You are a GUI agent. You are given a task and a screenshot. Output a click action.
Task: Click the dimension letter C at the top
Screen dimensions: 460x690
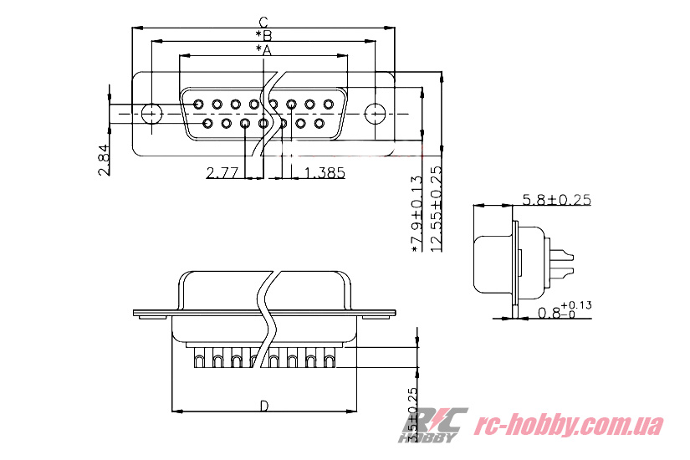pyautogui.click(x=263, y=22)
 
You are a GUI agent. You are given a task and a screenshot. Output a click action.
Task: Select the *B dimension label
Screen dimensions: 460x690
pyautogui.click(x=263, y=35)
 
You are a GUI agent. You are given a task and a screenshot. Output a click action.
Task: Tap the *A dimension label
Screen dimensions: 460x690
pyautogui.click(x=263, y=50)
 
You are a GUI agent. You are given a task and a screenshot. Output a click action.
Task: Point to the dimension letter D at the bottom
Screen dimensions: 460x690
pyautogui.click(x=264, y=406)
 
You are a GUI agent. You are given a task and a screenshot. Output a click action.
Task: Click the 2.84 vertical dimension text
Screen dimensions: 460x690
pyautogui.click(x=103, y=160)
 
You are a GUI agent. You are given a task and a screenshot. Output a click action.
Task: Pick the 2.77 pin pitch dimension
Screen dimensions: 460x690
pyautogui.click(x=223, y=173)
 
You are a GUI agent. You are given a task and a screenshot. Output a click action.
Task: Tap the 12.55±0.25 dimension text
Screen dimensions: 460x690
pyautogui.click(x=436, y=209)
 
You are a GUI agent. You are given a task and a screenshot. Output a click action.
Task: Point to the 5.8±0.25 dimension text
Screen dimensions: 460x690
pyautogui.click(x=556, y=199)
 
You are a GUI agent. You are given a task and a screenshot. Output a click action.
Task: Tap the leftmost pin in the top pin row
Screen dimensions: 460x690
pyautogui.click(x=198, y=105)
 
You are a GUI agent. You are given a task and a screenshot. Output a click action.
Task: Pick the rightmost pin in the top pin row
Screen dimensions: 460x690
pyautogui.click(x=329, y=105)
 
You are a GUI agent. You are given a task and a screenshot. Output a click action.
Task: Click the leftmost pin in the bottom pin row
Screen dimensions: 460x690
pyautogui.click(x=207, y=124)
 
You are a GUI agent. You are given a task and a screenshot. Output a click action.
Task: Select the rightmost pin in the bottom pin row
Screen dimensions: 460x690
pyautogui.click(x=319, y=124)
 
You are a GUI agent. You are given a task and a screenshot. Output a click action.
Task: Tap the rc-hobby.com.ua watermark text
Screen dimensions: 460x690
pyautogui.click(x=569, y=425)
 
